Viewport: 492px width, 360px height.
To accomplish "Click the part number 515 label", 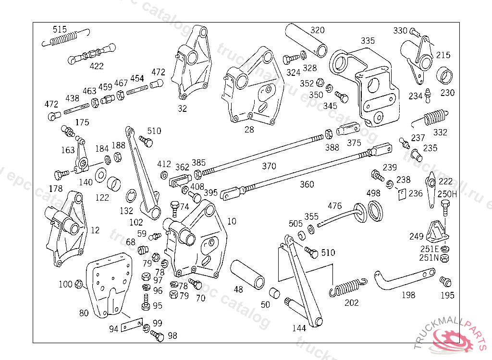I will click(60, 30).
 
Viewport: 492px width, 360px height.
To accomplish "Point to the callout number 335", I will click(368, 41).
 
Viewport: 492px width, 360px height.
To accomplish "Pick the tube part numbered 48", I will click(248, 275).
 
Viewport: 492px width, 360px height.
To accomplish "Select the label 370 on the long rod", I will click(269, 166).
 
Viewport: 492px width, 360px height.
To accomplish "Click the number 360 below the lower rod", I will click(307, 184).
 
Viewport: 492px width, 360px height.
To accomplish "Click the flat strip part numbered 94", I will click(131, 325).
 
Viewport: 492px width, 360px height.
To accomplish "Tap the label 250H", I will click(447, 194).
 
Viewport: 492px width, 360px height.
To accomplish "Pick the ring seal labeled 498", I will click(376, 211).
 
